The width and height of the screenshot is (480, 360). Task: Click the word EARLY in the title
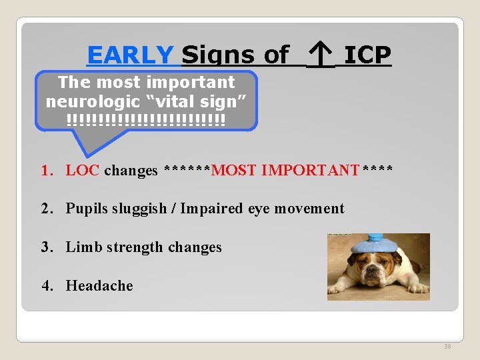pos(131,55)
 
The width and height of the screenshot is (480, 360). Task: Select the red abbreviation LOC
pos(83,170)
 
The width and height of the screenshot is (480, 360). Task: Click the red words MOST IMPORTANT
pos(285,170)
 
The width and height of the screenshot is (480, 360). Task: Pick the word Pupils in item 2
pos(85,209)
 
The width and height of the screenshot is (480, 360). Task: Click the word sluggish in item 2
pos(137,209)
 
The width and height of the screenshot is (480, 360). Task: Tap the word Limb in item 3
pos(81,247)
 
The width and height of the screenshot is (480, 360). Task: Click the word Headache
pos(99,286)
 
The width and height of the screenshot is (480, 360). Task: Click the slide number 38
pos(447,346)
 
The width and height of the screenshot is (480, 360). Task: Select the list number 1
pos(46,170)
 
